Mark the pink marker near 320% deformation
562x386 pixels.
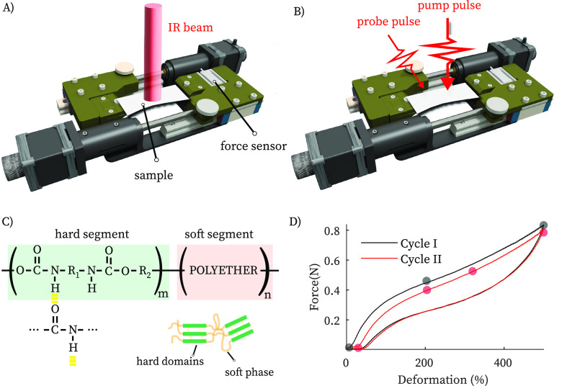tap(473, 271)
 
